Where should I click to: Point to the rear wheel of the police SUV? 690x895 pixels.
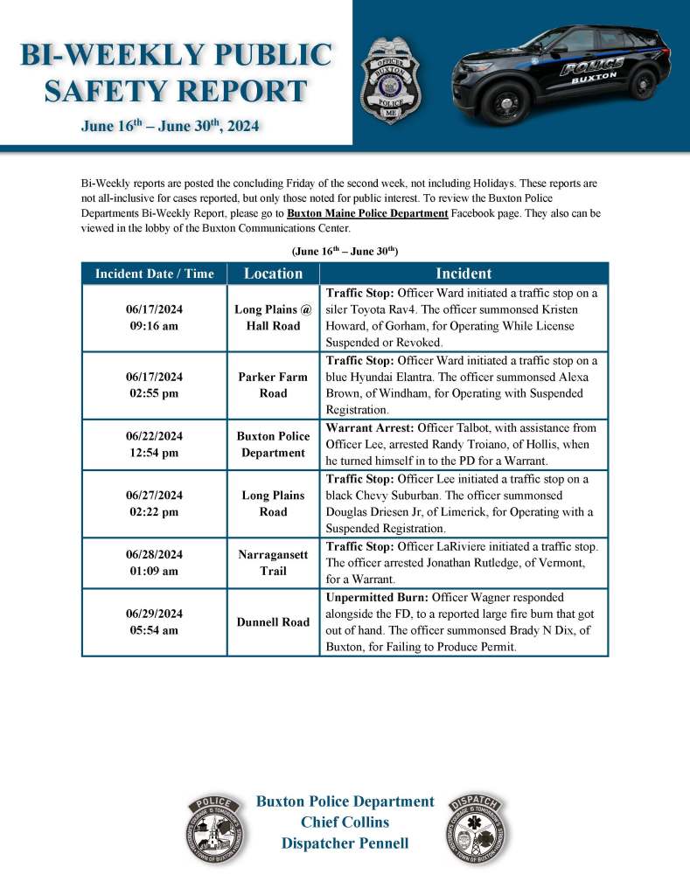[x=641, y=83]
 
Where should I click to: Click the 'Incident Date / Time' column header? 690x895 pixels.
[x=154, y=274]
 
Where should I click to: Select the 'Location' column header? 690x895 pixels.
[x=273, y=274]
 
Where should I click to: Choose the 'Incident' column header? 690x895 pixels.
[x=463, y=274]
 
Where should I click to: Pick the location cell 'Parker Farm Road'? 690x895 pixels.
[x=273, y=385]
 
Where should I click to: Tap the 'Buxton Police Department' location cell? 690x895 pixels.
[x=273, y=445]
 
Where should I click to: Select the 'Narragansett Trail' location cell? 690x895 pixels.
[x=273, y=564]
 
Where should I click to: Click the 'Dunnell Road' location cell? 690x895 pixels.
[x=273, y=622]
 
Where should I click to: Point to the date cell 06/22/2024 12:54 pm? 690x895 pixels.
[x=154, y=445]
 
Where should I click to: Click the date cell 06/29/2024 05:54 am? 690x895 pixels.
[x=154, y=622]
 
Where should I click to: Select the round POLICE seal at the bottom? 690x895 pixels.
[x=214, y=829]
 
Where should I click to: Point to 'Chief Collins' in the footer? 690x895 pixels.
[x=345, y=822]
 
